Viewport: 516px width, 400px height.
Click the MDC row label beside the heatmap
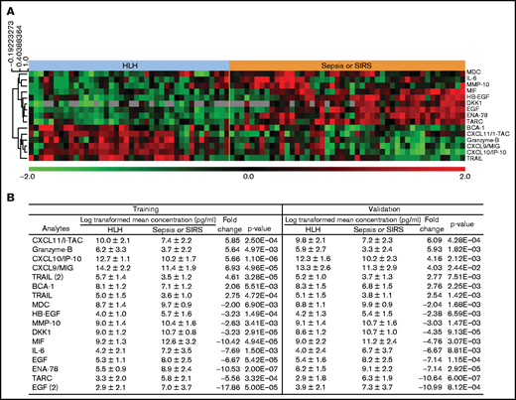[x=469, y=74]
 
